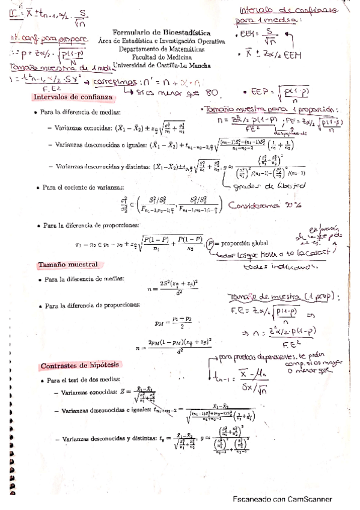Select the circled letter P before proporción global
pyautogui.click(x=209, y=244)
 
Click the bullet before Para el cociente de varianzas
pyautogui.click(x=38, y=188)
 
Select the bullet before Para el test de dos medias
pyautogui.click(x=41, y=380)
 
